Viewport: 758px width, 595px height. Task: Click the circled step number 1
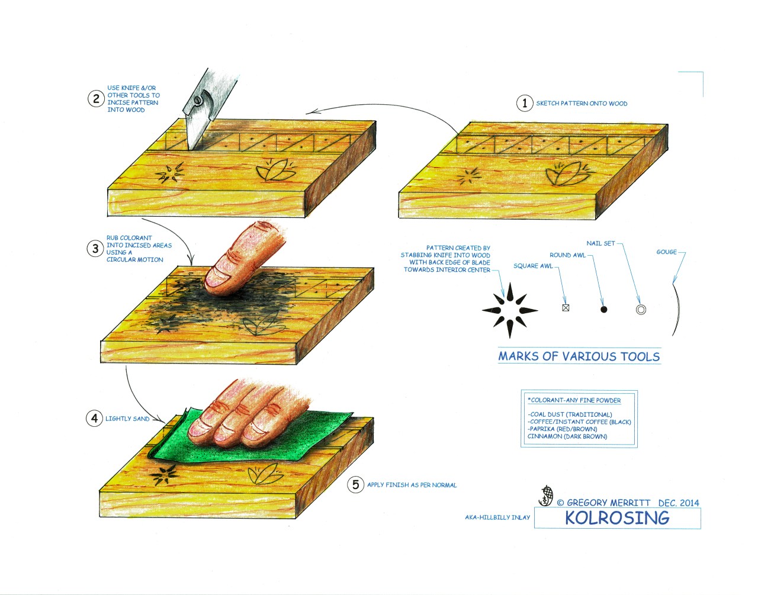coord(525,103)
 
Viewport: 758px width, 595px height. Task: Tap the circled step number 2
coord(96,98)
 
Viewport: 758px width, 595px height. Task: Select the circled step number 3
coord(95,249)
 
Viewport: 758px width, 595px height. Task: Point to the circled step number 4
coord(94,419)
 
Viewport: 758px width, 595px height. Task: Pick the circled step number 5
coord(355,485)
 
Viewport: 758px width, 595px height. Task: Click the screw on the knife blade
coord(197,102)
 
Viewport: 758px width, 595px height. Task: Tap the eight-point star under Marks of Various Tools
coord(509,310)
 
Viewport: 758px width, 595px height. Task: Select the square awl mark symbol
coord(566,308)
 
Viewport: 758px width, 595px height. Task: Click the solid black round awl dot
coord(604,309)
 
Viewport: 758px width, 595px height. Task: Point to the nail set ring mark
coord(641,310)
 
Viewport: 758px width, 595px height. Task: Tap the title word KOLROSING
coord(617,518)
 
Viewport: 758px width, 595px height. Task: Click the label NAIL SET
coord(600,243)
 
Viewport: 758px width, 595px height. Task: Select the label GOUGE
coord(666,252)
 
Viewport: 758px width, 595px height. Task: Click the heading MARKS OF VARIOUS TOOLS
coord(579,356)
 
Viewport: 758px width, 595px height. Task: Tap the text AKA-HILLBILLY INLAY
coord(497,517)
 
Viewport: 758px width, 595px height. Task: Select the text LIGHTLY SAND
coord(127,419)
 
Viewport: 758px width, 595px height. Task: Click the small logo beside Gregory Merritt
coord(547,496)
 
